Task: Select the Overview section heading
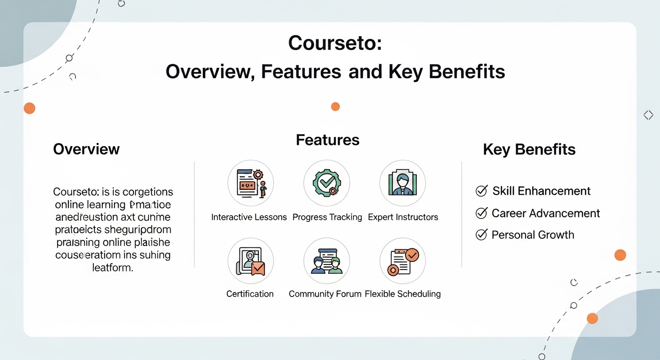[x=86, y=149]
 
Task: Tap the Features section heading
[x=328, y=140]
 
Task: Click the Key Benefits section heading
[x=529, y=150]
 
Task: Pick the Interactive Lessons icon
[x=250, y=183]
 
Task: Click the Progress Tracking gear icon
[x=327, y=183]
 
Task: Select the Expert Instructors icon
[x=402, y=183]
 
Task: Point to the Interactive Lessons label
[x=249, y=217]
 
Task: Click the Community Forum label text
[x=325, y=294]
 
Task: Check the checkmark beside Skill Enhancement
[x=481, y=191]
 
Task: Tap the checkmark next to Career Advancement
[x=481, y=213]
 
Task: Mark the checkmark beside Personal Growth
[x=481, y=235]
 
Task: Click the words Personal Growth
[x=532, y=235]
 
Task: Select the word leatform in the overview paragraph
[x=112, y=268]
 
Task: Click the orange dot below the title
[x=335, y=106]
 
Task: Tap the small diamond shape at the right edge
[x=648, y=115]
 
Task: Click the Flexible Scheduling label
[x=403, y=294]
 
